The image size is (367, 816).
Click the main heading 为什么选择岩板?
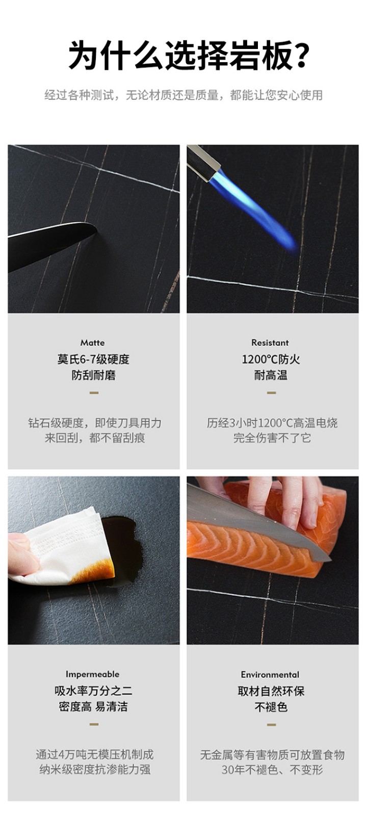pyautogui.click(x=189, y=56)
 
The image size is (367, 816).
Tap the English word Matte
pyautogui.click(x=92, y=343)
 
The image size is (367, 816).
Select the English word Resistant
pyautogui.click(x=270, y=343)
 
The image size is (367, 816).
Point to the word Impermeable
pyautogui.click(x=92, y=674)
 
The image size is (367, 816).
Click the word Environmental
pyautogui.click(x=270, y=675)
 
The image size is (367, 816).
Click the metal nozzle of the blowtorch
pyautogui.click(x=203, y=162)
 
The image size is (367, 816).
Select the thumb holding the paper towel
pyautogui.click(x=22, y=554)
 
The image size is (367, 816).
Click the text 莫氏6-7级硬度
pyautogui.click(x=93, y=360)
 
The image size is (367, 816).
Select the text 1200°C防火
pyautogui.click(x=271, y=360)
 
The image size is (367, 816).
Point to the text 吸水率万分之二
pyautogui.click(x=93, y=691)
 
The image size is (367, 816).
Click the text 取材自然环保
pyautogui.click(x=271, y=691)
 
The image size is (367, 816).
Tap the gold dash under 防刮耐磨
pyautogui.click(x=94, y=393)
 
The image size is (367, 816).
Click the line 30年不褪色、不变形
pyautogui.click(x=272, y=770)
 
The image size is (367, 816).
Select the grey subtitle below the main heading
pyautogui.click(x=183, y=95)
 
